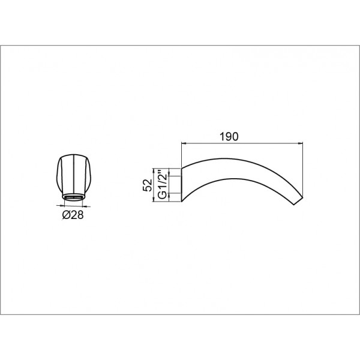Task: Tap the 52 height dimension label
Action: (x=148, y=185)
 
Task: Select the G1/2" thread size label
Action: (x=163, y=185)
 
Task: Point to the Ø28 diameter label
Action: (x=73, y=215)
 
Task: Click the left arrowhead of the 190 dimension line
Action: (x=184, y=144)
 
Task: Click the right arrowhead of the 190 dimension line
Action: (x=301, y=144)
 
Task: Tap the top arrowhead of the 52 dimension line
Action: (x=154, y=170)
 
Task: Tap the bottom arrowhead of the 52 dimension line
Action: (x=154, y=200)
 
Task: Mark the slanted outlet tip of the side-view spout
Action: (x=298, y=201)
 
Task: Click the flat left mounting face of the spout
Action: (x=182, y=185)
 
